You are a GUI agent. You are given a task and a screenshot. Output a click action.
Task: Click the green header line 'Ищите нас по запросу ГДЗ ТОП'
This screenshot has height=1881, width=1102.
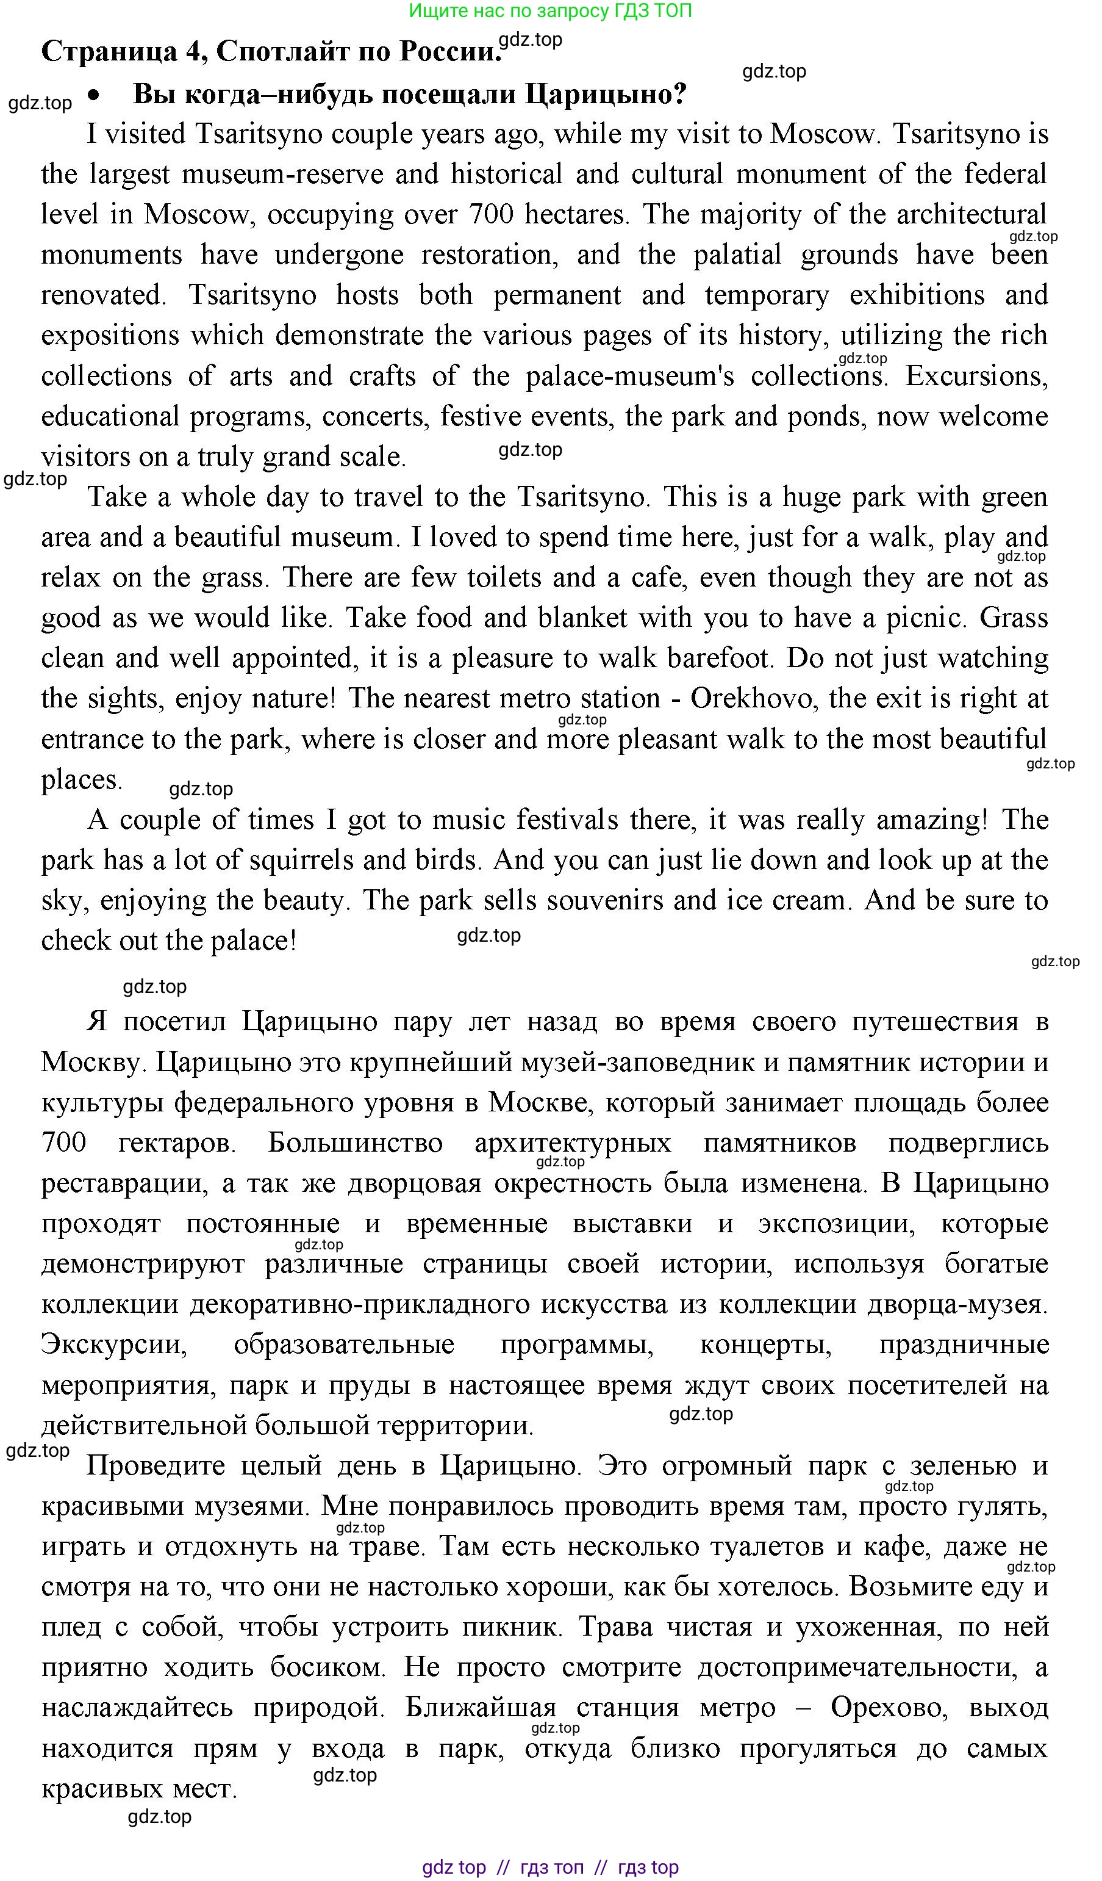[550, 10]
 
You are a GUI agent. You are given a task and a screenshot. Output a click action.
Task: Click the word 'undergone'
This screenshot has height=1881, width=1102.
[340, 255]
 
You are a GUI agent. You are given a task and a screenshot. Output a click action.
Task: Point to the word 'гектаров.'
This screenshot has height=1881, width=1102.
[177, 1142]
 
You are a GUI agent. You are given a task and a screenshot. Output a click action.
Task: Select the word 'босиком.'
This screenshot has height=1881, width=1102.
[327, 1666]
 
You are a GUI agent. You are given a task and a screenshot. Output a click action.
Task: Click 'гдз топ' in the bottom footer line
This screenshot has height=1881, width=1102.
[551, 1868]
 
